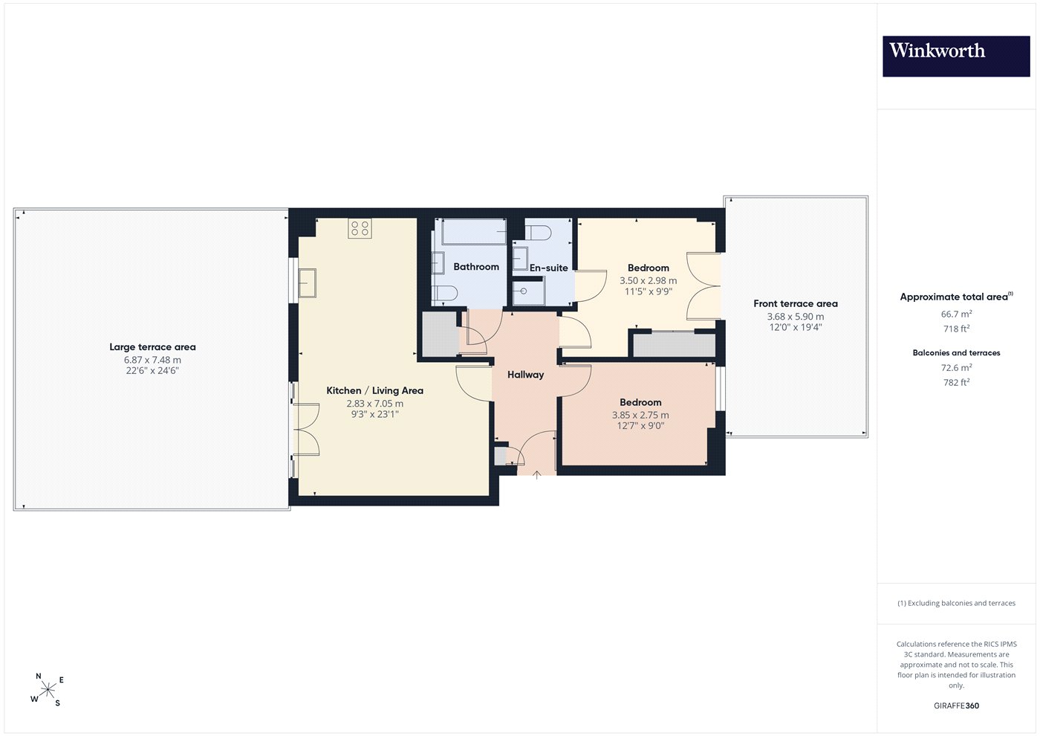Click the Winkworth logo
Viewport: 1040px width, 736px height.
[956, 57]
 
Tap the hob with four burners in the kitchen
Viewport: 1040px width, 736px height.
[360, 228]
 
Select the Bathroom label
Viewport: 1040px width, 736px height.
[476, 267]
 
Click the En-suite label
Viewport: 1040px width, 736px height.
[548, 268]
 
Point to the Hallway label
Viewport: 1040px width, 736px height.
[525, 375]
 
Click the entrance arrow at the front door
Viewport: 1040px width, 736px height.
[536, 475]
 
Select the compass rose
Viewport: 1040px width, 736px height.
[48, 690]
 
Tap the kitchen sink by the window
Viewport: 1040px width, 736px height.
[307, 283]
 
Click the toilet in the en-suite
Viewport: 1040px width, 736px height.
[538, 233]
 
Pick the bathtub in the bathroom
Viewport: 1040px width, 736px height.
[474, 231]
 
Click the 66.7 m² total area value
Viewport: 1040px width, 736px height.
[956, 314]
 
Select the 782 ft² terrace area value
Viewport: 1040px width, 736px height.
[956, 382]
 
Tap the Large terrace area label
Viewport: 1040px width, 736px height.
[152, 347]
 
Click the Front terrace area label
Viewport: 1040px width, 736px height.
[796, 303]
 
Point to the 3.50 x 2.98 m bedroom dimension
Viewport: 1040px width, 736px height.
[648, 281]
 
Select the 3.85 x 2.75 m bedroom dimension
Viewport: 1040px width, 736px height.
[640, 415]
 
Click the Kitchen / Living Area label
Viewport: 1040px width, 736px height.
[374, 391]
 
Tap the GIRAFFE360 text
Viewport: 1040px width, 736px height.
[956, 706]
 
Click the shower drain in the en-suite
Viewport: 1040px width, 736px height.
[523, 291]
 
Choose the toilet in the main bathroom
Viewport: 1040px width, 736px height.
[444, 293]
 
